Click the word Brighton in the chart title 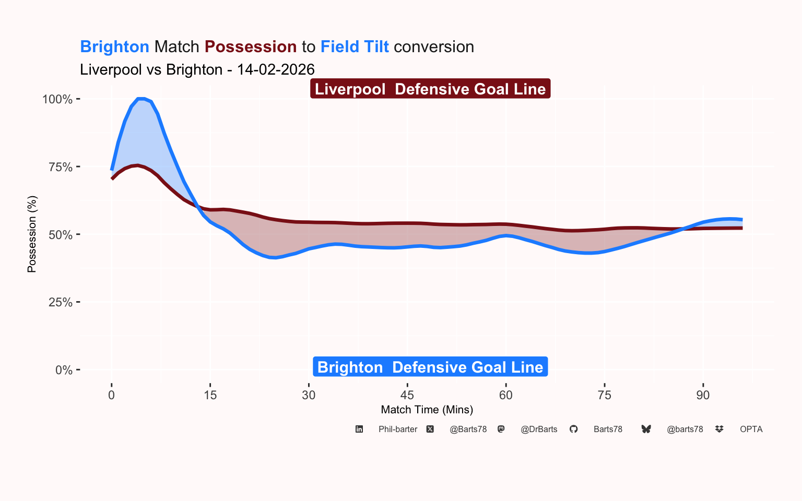pyautogui.click(x=114, y=47)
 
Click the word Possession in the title pyautogui.click(x=251, y=47)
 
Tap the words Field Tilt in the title pyautogui.click(x=355, y=47)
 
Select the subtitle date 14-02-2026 pyautogui.click(x=276, y=70)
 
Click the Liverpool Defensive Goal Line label pyautogui.click(x=430, y=89)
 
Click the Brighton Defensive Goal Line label pyautogui.click(x=430, y=367)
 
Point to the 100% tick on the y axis pyautogui.click(x=57, y=99)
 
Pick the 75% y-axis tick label pyautogui.click(x=60, y=167)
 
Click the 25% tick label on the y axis pyautogui.click(x=60, y=302)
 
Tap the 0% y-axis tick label pyautogui.click(x=64, y=370)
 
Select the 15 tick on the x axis pyautogui.click(x=210, y=395)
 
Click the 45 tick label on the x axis pyautogui.click(x=407, y=395)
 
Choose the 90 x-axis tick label pyautogui.click(x=703, y=395)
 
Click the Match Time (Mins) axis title pyautogui.click(x=427, y=410)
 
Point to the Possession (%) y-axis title pyautogui.click(x=32, y=234)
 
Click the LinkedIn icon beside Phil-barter pyautogui.click(x=359, y=429)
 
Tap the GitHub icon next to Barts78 pyautogui.click(x=573, y=429)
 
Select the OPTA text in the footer pyautogui.click(x=751, y=429)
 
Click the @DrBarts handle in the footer pyautogui.click(x=539, y=429)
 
